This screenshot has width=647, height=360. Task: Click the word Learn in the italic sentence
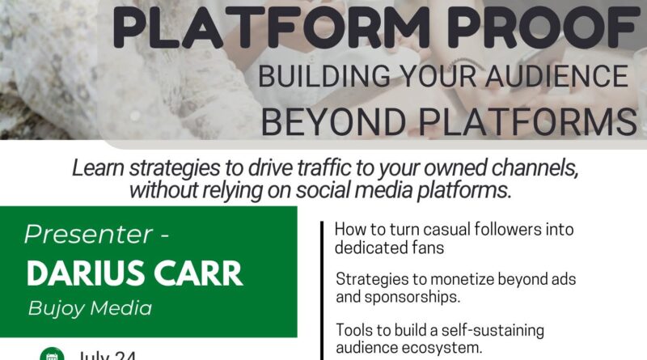pyautogui.click(x=96, y=168)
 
